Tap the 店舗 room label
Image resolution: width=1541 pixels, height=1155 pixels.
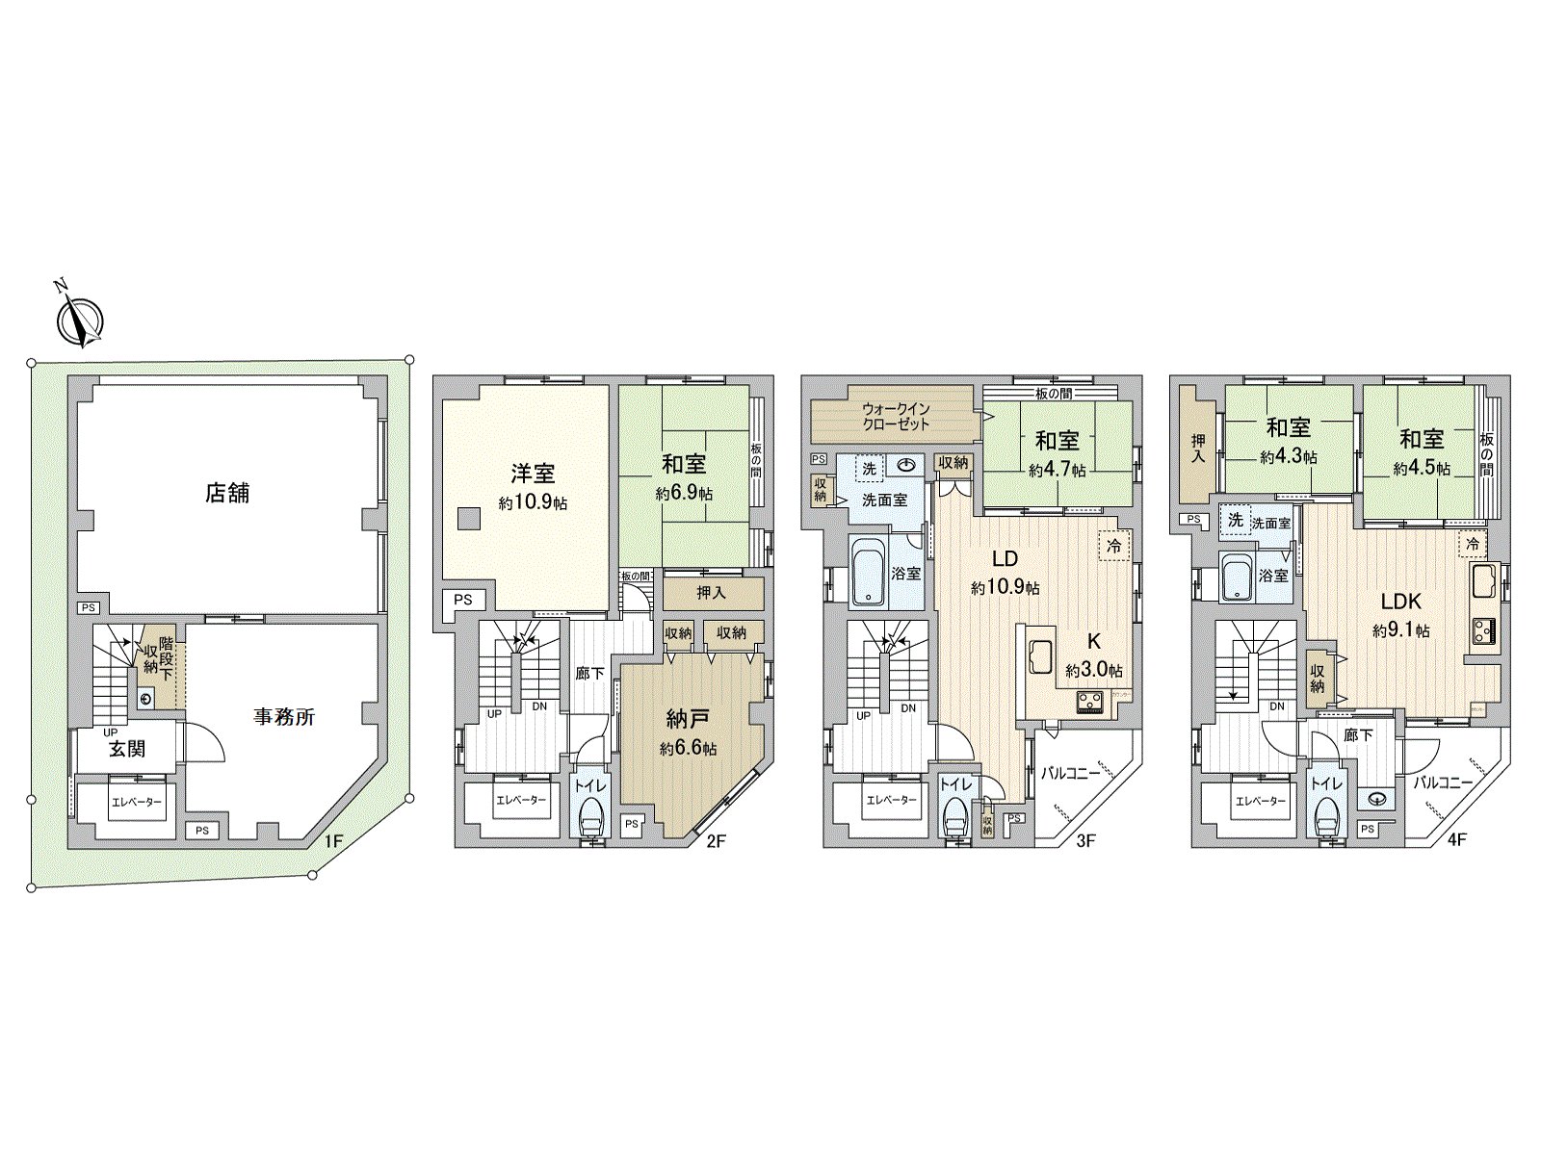point(227,493)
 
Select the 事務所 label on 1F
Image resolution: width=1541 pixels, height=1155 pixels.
point(284,717)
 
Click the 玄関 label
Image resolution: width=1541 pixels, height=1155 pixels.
point(126,749)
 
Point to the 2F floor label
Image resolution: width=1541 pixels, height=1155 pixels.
point(715,840)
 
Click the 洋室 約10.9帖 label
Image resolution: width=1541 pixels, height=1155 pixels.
point(533,485)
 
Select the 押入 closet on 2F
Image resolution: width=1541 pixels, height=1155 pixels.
point(713,593)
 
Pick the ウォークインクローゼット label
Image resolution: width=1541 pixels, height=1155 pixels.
point(896,415)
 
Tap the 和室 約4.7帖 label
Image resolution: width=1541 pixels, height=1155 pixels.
point(1058,453)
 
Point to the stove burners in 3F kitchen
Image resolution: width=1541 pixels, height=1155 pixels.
point(1090,701)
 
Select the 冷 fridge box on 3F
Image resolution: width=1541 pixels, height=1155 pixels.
point(1115,545)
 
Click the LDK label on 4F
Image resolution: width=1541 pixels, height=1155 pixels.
point(1401,603)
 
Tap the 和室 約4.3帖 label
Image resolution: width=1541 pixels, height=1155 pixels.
point(1289,440)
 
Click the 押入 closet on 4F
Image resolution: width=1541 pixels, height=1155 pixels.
point(1199,445)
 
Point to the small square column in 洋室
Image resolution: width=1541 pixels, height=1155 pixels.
point(467,518)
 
